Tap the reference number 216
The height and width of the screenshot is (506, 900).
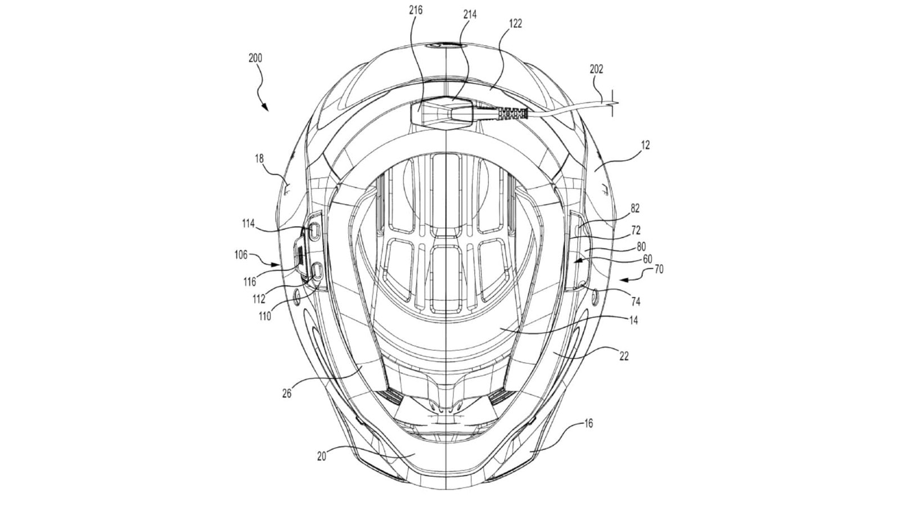[417, 11]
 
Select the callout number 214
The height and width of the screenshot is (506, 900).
[470, 15]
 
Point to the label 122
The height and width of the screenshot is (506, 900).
[514, 24]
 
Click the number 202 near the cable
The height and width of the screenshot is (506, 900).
[596, 69]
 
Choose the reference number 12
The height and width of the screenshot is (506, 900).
[645, 145]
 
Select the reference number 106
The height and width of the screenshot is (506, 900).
[241, 254]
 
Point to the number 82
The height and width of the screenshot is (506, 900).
[634, 208]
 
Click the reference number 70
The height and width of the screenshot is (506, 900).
[659, 270]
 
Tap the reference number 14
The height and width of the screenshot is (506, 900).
[634, 320]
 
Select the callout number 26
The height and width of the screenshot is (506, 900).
[286, 394]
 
